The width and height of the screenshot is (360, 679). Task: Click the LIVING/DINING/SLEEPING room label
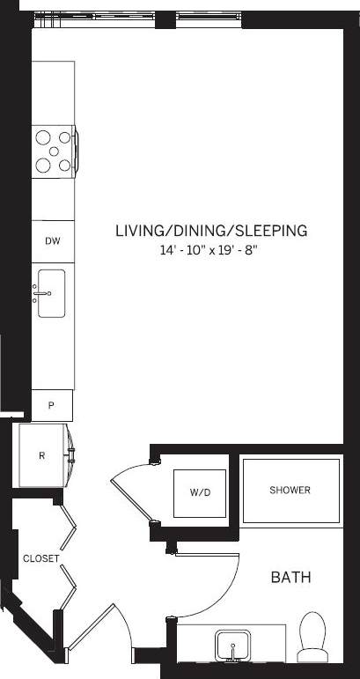point(210,231)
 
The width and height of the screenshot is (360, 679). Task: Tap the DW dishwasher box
point(52,240)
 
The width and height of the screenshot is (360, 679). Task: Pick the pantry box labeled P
point(52,405)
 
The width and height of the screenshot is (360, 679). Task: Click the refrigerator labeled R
point(42,454)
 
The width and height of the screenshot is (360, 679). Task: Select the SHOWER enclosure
point(290,490)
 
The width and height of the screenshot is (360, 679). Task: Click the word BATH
point(290,578)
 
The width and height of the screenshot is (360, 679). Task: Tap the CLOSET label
point(40,558)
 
